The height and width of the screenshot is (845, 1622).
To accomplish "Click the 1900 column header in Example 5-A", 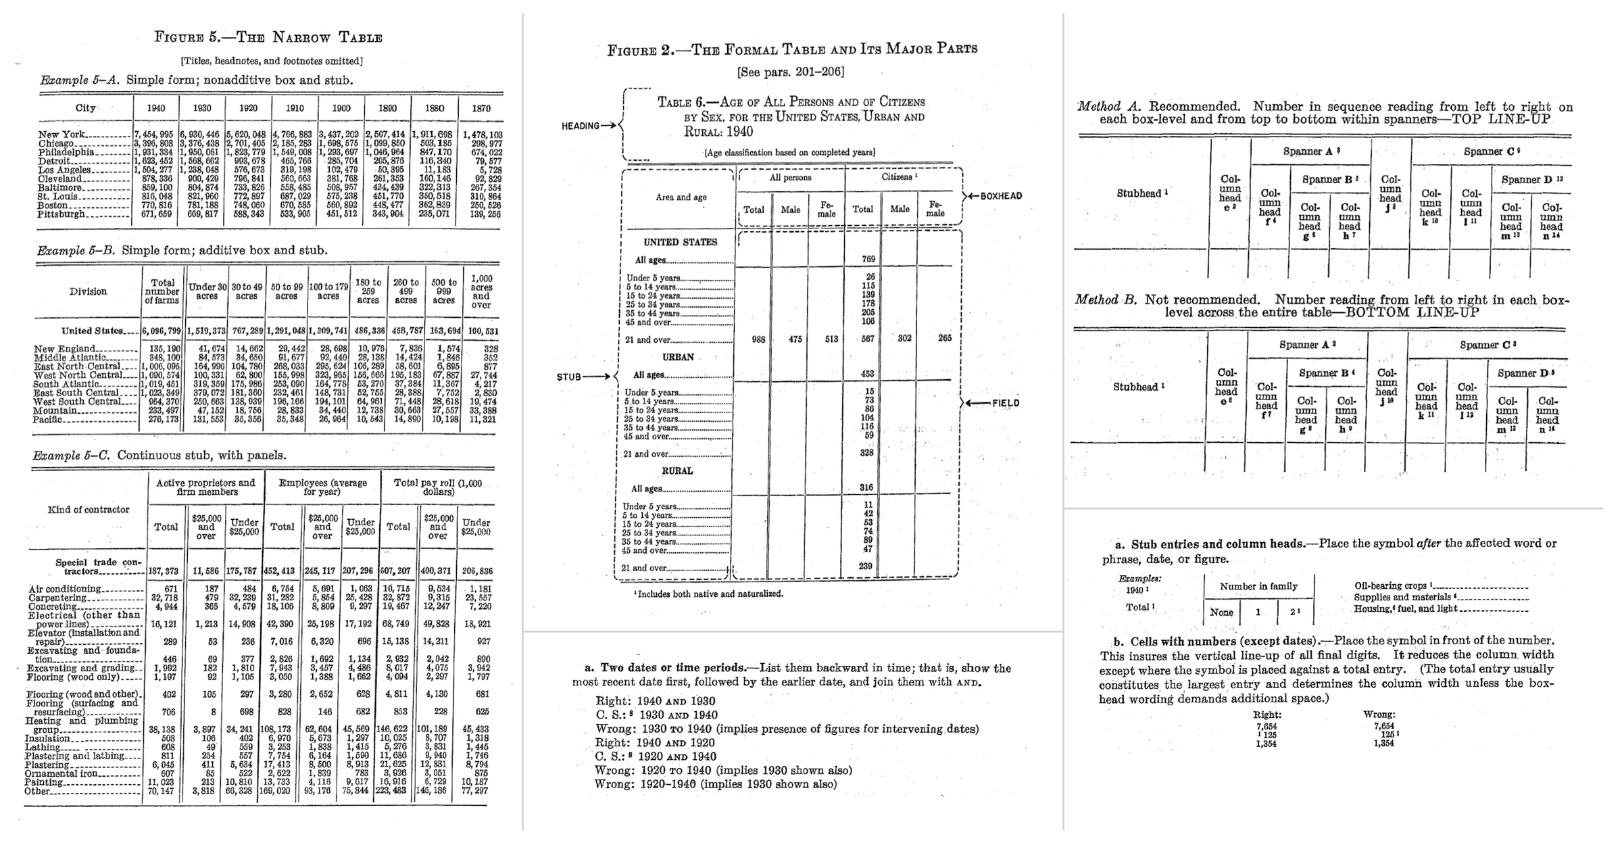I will click(341, 108).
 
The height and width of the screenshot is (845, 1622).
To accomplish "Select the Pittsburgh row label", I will click(62, 214).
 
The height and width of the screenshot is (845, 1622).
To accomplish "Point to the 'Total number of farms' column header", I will click(162, 291).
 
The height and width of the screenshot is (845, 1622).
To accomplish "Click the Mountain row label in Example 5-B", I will click(55, 410).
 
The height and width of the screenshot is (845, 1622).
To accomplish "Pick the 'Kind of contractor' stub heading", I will click(88, 510).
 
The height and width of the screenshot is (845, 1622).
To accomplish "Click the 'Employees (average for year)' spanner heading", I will click(322, 487).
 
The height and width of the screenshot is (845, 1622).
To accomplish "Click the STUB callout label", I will click(569, 377).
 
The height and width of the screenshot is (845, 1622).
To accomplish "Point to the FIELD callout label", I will click(1006, 404).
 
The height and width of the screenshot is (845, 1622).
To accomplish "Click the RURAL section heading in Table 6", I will click(677, 471).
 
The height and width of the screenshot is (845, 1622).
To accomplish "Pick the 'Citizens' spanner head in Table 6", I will click(899, 177).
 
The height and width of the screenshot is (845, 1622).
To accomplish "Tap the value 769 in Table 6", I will click(868, 259).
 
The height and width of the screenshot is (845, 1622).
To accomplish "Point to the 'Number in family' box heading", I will click(1258, 587).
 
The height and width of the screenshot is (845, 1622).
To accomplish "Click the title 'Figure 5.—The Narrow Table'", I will click(268, 38).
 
